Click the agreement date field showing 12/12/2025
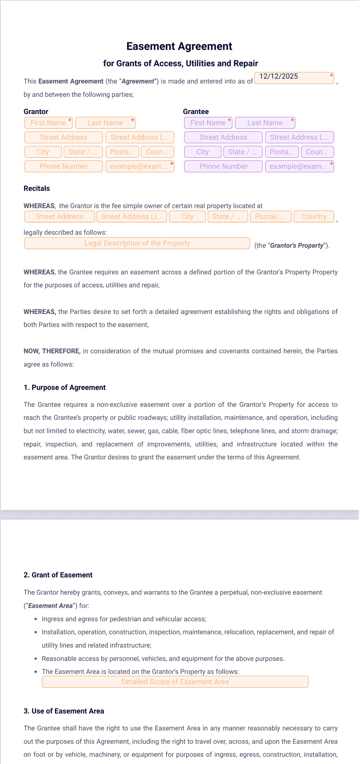coord(294,78)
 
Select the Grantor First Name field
coord(48,123)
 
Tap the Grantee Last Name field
coord(265,123)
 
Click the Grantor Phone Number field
coord(63,166)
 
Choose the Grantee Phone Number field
coord(223,166)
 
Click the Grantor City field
coord(43,152)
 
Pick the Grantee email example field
coord(299,166)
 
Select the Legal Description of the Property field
coord(137,243)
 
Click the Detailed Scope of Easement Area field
coord(175,682)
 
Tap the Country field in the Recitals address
coord(313,217)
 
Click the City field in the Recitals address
coord(187,217)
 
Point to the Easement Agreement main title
coord(179,46)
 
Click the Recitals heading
coord(37,188)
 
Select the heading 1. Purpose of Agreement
coord(64,387)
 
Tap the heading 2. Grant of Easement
coord(58,575)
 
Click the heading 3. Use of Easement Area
coord(64,711)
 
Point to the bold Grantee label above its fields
coord(196,111)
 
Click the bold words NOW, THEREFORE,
coord(52,351)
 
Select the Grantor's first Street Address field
coord(63,137)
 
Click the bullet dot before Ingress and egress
coord(36,619)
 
